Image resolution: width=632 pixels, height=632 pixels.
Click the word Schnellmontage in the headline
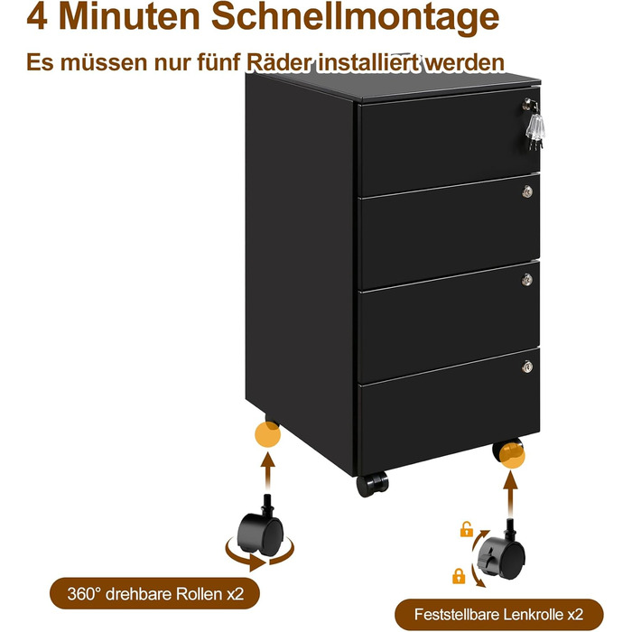click(355, 17)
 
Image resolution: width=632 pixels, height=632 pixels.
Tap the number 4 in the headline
click(37, 16)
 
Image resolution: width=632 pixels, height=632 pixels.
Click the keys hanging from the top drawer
click(534, 125)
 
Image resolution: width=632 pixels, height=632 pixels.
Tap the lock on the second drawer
click(527, 191)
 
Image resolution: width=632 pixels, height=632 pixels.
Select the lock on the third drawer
click(527, 279)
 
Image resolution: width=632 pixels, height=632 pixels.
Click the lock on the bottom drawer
click(527, 367)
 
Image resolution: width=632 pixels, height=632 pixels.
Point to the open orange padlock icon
click(467, 529)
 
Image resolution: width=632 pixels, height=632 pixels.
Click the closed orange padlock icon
click(459, 576)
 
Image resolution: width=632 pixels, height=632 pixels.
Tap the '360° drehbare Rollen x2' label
click(154, 594)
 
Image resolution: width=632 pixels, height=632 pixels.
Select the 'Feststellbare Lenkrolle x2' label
click(499, 615)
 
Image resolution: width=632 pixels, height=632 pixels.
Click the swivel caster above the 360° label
click(261, 527)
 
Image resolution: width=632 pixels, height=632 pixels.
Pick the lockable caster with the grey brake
click(502, 553)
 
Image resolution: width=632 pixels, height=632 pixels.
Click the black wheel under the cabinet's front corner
click(372, 484)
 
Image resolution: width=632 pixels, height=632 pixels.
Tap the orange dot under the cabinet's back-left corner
click(267, 434)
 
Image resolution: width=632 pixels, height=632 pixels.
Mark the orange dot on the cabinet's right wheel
click(512, 455)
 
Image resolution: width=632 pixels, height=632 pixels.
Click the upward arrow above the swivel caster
click(267, 470)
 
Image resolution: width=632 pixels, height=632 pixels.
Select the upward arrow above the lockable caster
click(511, 493)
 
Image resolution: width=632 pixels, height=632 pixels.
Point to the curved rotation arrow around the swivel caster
click(258, 561)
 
